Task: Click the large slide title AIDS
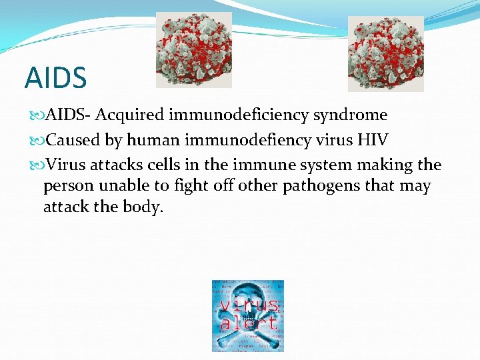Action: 55,78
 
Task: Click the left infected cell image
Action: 194,50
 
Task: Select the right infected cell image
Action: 386,53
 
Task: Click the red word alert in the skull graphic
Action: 248,323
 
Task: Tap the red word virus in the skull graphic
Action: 249,306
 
